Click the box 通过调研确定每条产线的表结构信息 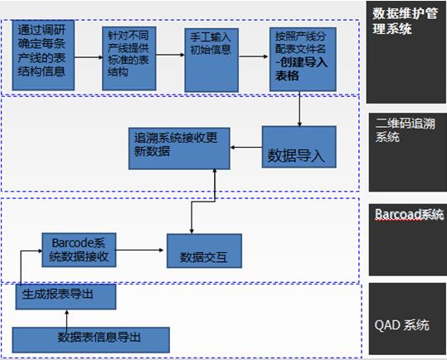click(x=43, y=56)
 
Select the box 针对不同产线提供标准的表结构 click(x=129, y=58)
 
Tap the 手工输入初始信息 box click(x=211, y=61)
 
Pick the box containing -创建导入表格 click(x=303, y=59)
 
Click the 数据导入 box click(x=299, y=147)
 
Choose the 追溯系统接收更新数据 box click(x=179, y=148)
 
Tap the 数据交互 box click(x=204, y=251)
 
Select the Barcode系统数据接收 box click(x=79, y=250)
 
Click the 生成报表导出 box click(x=66, y=296)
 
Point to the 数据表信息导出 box click(x=91, y=340)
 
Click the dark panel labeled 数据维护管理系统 click(x=406, y=52)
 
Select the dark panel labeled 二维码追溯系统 click(x=408, y=152)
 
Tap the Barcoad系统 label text click(x=409, y=214)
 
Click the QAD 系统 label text click(x=401, y=325)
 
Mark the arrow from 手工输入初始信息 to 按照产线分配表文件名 click(x=254, y=56)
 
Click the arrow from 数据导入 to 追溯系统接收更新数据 click(x=246, y=148)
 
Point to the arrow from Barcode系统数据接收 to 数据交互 click(x=139, y=251)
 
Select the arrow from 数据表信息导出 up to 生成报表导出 click(x=66, y=319)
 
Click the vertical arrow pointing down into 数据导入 click(x=299, y=109)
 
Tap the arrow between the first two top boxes click(x=89, y=57)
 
